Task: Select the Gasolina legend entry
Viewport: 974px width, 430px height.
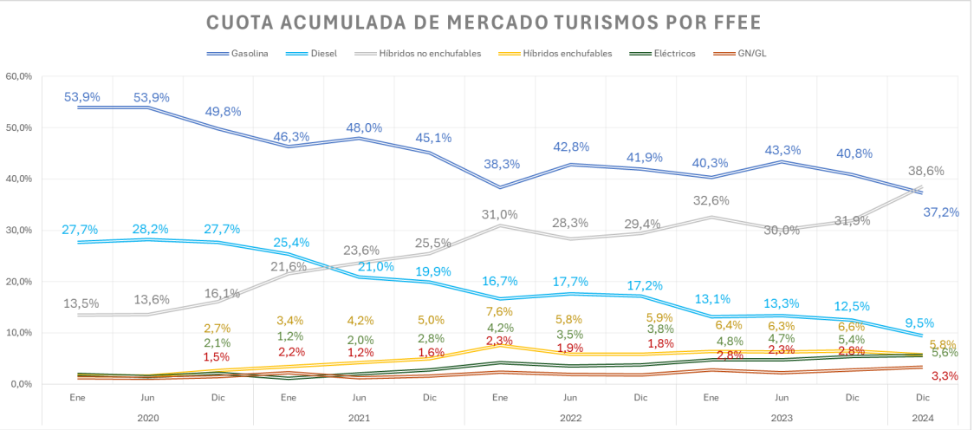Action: click(250, 53)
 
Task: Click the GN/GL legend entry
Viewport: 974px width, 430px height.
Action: click(750, 53)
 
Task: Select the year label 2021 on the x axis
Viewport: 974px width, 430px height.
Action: click(359, 416)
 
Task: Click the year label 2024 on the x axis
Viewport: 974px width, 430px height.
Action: click(923, 416)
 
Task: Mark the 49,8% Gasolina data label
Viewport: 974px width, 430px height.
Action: click(223, 112)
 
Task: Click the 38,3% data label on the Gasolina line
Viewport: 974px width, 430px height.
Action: click(500, 164)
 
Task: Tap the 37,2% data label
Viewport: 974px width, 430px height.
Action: click(941, 212)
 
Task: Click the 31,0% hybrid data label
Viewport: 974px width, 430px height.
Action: click(500, 215)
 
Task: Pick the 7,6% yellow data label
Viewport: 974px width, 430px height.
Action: click(500, 312)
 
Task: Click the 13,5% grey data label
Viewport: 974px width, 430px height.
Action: click(81, 303)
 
